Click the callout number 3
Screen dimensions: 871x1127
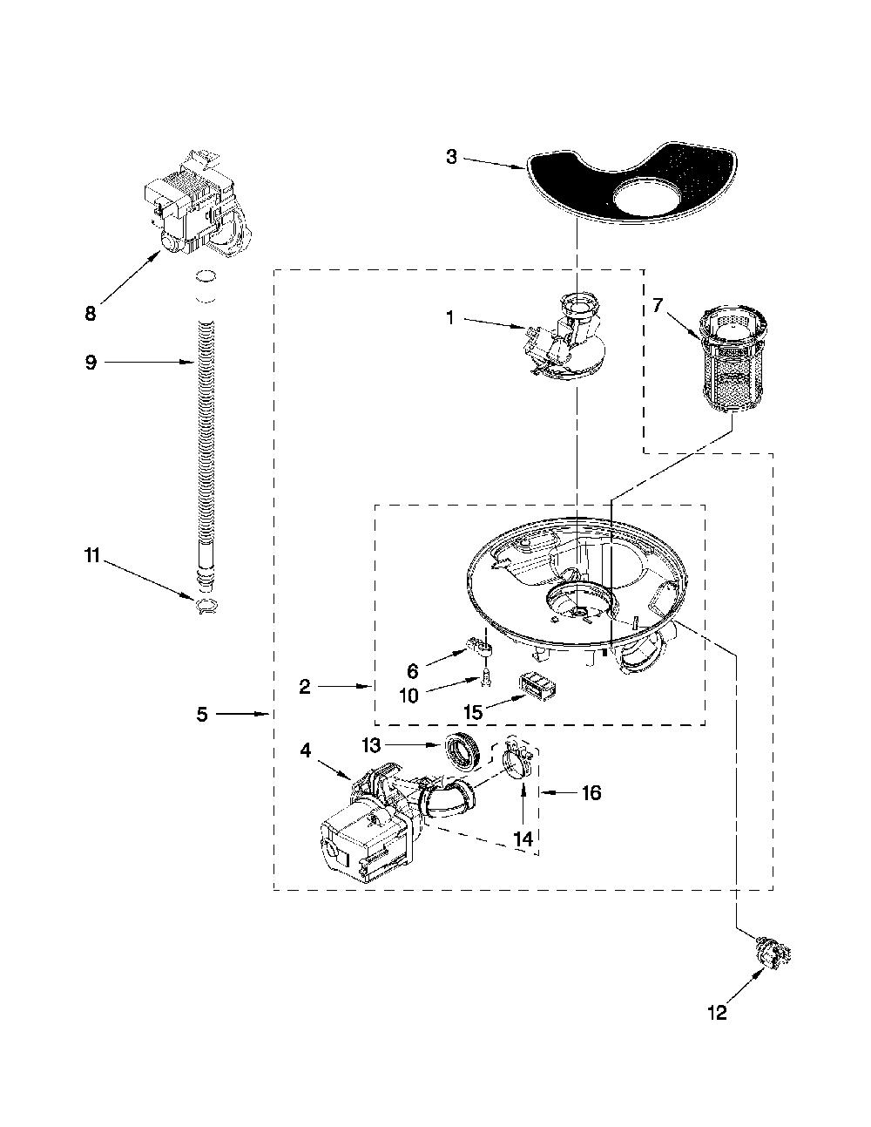(x=451, y=157)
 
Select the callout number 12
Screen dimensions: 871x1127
(x=717, y=1011)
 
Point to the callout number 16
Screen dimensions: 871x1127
(x=591, y=792)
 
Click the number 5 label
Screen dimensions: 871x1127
(x=202, y=714)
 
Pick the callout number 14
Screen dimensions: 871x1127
(x=523, y=838)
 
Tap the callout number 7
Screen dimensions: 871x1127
(x=657, y=306)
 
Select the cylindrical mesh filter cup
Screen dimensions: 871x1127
(x=733, y=358)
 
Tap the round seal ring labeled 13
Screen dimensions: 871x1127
(x=465, y=749)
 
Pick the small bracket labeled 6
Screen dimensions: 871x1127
(x=480, y=646)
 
